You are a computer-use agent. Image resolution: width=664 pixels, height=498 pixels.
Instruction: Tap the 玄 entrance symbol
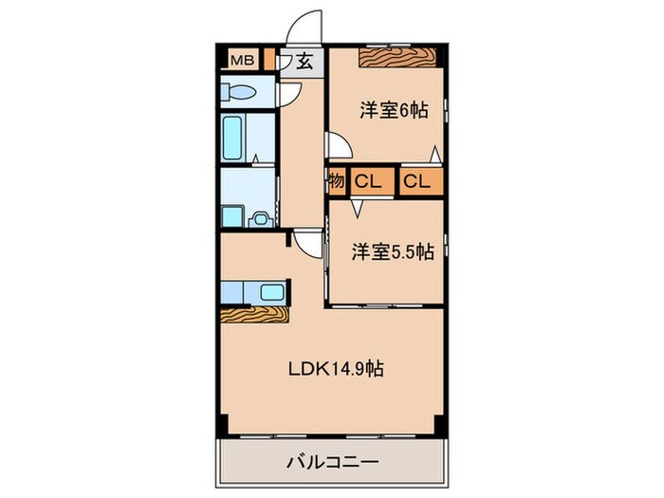pyautogui.click(x=304, y=62)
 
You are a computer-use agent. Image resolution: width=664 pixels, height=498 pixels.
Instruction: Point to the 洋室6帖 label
pyautogui.click(x=393, y=109)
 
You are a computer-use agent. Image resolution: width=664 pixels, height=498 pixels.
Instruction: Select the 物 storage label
pyautogui.click(x=336, y=180)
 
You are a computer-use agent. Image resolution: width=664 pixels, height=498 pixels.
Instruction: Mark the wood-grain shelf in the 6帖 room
pyautogui.click(x=397, y=57)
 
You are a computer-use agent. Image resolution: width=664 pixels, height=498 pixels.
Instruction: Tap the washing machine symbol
pyautogui.click(x=258, y=218)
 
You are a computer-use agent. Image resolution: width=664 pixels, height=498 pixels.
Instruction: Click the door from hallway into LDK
pyautogui.click(x=305, y=241)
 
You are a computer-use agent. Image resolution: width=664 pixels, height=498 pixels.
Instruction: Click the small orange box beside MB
pyautogui.click(x=269, y=61)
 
